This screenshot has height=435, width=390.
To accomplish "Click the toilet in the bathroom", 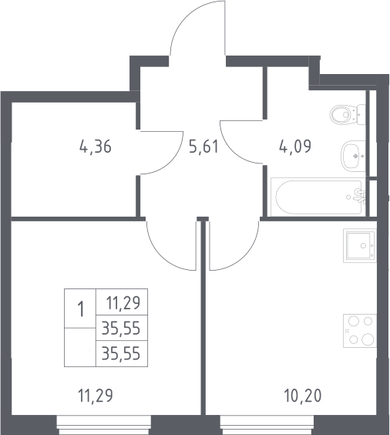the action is (348, 114).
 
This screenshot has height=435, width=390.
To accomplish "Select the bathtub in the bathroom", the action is (318, 197).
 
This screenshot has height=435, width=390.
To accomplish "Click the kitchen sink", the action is (360, 245).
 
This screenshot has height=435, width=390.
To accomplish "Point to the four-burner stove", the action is (360, 331).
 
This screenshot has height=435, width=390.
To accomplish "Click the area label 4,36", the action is (96, 147).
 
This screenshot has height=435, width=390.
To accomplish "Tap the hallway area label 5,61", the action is (203, 147).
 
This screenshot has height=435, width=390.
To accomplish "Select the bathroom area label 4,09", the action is (295, 147).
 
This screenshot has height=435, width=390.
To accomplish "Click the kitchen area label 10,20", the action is (303, 396).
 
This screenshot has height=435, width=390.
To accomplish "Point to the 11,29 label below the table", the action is (96, 396).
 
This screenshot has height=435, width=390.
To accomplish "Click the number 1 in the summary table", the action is (81, 309).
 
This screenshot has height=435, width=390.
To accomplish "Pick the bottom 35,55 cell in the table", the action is (121, 354).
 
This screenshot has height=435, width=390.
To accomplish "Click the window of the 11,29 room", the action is (104, 425).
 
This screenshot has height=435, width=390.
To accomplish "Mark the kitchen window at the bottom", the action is (267, 425).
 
